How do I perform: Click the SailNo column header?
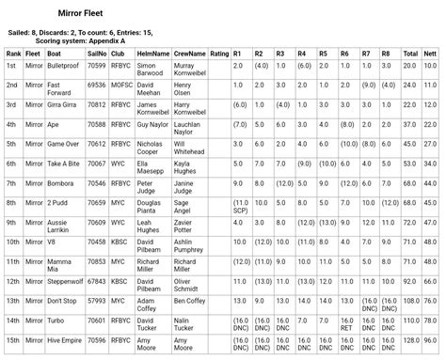[97, 54]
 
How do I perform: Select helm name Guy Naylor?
[152, 123]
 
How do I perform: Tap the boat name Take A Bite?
[64, 163]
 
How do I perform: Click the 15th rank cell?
[12, 339]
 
